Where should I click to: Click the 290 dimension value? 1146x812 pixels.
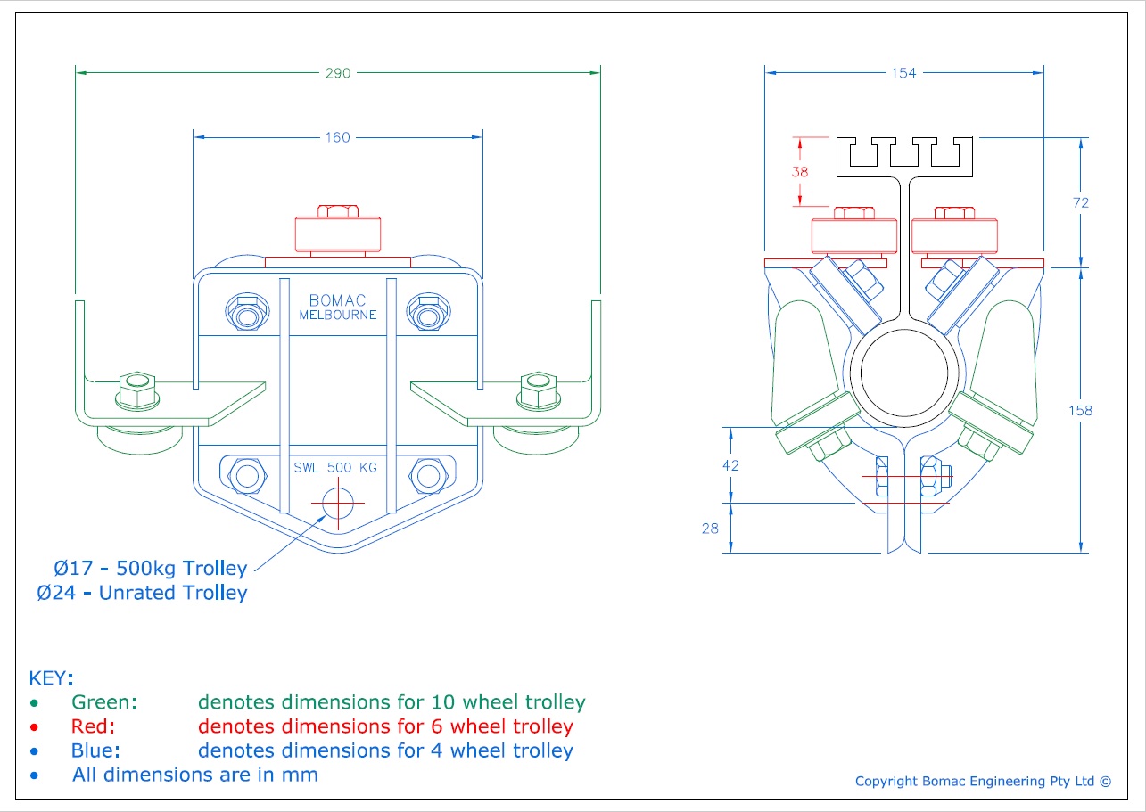point(338,73)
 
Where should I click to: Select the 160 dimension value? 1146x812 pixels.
point(338,137)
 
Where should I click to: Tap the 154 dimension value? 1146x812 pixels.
point(903,73)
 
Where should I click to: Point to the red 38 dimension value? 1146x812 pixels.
point(800,172)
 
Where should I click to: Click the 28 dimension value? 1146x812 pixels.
point(710,529)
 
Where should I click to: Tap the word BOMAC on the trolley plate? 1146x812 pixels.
point(337,300)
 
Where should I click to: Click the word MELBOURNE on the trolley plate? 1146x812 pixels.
point(337,315)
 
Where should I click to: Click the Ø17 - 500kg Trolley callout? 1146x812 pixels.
point(150,568)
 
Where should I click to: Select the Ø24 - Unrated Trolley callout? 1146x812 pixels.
point(142,593)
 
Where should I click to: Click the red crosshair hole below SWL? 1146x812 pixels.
point(338,503)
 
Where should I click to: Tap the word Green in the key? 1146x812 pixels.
point(104,702)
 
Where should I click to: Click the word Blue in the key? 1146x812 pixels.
point(95,750)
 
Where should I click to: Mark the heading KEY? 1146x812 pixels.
point(52,677)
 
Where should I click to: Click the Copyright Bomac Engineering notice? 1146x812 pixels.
point(983,782)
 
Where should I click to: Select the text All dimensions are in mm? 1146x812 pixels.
point(194,775)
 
